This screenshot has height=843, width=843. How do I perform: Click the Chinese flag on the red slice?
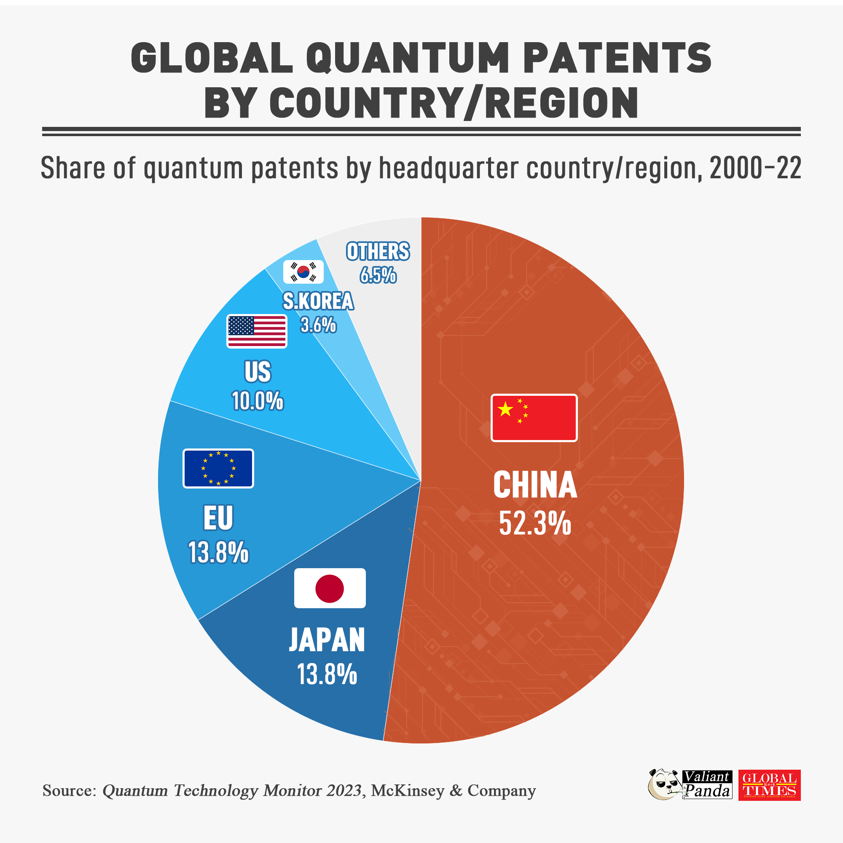534,418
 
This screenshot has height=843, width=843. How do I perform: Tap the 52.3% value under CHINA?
535,523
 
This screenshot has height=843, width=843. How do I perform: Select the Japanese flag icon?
330,588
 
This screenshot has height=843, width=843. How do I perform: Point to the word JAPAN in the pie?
327,640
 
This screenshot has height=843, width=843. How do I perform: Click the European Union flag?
218,469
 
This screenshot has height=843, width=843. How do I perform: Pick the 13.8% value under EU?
218,553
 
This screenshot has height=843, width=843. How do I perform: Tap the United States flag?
257,331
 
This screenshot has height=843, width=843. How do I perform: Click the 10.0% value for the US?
258,401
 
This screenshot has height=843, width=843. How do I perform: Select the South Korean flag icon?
303,272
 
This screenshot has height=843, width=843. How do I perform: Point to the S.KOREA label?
318,301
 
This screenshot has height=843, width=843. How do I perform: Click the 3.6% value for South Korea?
318,325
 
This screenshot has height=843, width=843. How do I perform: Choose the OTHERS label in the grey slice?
378,252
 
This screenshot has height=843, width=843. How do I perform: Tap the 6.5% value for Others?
378,275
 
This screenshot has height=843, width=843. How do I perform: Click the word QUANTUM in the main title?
408,59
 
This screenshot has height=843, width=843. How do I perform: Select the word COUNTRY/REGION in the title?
454,103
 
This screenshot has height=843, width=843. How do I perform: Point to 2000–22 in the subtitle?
755,168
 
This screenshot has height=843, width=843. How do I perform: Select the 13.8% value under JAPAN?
327,674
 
